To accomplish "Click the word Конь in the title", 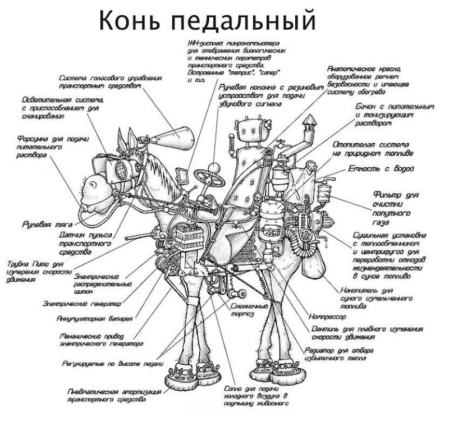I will (131, 21).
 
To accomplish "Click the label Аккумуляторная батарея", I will (95, 318).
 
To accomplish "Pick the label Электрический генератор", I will (82, 303).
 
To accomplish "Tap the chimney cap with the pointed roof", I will (309, 122).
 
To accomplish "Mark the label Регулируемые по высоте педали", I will (109, 363).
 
